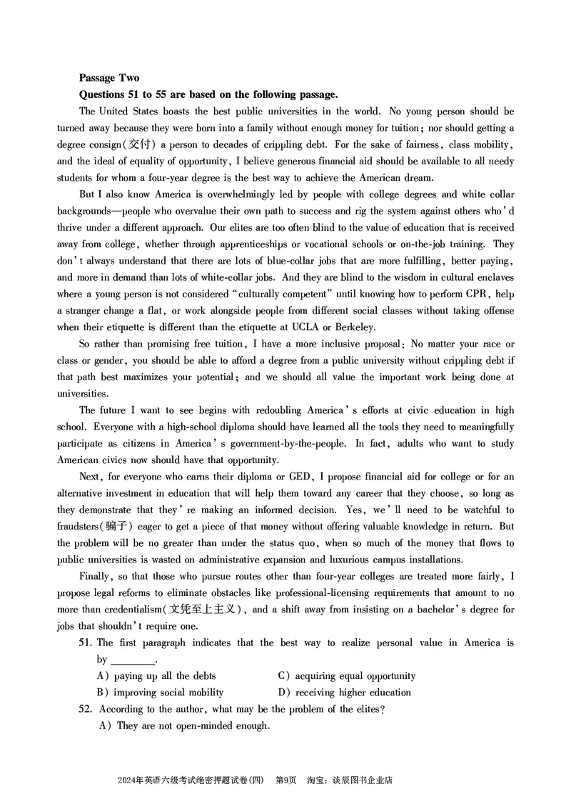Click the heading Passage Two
109,78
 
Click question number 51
86,643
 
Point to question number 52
86,710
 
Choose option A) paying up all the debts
156,676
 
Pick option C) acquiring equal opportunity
346,676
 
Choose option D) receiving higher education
344,693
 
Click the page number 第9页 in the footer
285,780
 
